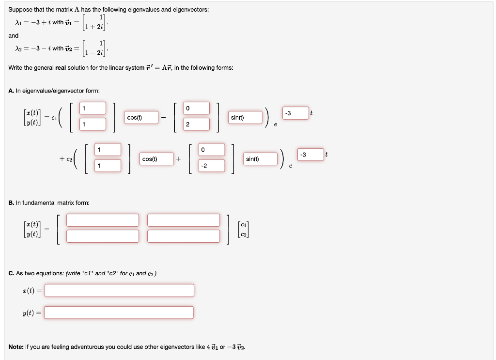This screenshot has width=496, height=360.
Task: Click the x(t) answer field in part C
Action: tap(119, 290)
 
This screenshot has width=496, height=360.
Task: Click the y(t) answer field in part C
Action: tap(119, 313)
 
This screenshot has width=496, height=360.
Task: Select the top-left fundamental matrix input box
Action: tap(103, 220)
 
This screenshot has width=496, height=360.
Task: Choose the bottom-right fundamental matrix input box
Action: tap(184, 236)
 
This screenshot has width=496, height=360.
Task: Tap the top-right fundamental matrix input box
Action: tap(184, 220)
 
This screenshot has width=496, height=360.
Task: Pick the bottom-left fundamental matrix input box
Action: tap(103, 236)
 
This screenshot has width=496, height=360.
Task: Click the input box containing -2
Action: tap(212, 166)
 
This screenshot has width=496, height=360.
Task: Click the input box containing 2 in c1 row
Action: tap(197, 125)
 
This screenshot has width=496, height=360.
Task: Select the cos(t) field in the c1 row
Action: tap(142, 117)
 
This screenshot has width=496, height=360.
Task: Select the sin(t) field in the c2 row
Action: tap(260, 158)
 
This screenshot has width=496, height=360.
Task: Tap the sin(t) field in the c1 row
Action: tap(246, 117)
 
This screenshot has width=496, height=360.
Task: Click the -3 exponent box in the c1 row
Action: tap(295, 113)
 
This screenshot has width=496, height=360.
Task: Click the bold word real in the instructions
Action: tap(61, 68)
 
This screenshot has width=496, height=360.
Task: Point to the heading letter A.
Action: tap(11, 91)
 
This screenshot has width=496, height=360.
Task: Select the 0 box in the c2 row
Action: tap(212, 149)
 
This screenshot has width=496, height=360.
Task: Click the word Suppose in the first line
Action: tap(20, 10)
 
